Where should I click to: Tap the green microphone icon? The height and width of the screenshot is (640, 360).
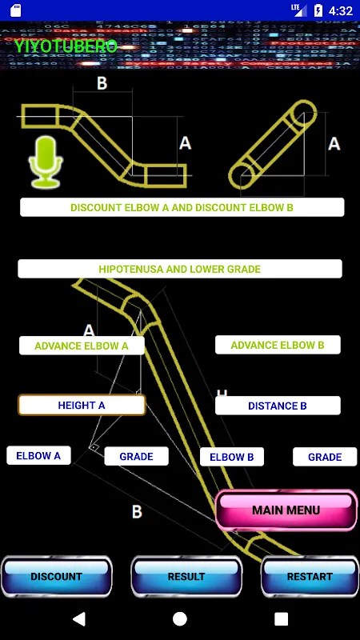[x=46, y=162]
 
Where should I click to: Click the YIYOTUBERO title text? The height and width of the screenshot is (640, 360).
[x=66, y=46]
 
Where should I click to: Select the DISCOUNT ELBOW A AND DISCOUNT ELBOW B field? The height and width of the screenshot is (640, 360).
[x=182, y=207]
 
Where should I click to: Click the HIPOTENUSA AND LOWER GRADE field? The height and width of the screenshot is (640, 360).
[x=180, y=269]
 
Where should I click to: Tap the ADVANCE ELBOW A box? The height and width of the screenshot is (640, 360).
[x=82, y=346]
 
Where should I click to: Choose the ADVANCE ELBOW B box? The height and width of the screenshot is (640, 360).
[x=278, y=345]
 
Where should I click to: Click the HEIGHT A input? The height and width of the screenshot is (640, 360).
[x=82, y=406]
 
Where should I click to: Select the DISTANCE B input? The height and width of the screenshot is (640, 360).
[x=278, y=406]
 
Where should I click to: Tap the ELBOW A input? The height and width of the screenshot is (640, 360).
[x=38, y=455]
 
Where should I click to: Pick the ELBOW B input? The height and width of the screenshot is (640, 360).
[x=232, y=457]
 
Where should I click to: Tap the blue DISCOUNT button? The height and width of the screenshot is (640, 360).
[x=56, y=576]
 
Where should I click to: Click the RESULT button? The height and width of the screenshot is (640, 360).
[x=186, y=576]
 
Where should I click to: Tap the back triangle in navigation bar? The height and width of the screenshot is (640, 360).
[x=79, y=618]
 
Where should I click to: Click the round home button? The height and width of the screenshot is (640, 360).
[x=180, y=618]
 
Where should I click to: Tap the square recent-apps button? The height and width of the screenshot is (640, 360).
[x=282, y=618]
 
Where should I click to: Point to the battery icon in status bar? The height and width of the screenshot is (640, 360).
[x=318, y=10]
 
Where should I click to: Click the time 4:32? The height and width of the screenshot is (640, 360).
[x=341, y=11]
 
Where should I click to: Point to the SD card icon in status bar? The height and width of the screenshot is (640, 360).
[x=16, y=10]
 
